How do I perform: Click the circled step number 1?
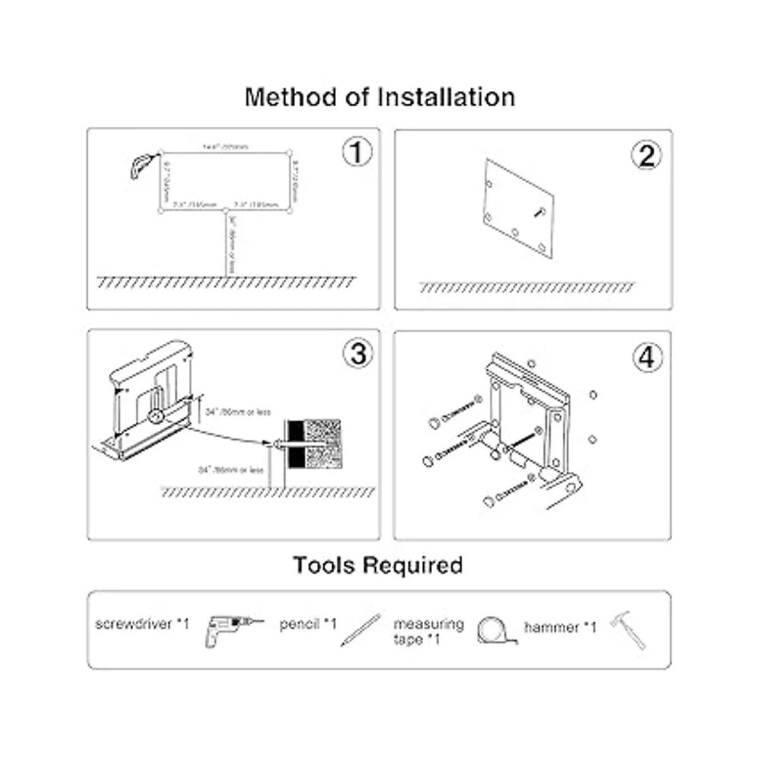[357, 152]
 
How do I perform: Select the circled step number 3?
[358, 354]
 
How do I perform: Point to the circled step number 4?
[647, 358]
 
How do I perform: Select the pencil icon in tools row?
[361, 629]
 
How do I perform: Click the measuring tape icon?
[496, 630]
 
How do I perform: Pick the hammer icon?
[629, 629]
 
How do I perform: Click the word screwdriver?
[134, 624]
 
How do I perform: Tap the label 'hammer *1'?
[560, 627]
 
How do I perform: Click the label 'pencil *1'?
[308, 624]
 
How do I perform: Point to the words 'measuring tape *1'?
[428, 632]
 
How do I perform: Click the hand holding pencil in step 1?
[141, 165]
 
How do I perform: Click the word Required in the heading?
[413, 565]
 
